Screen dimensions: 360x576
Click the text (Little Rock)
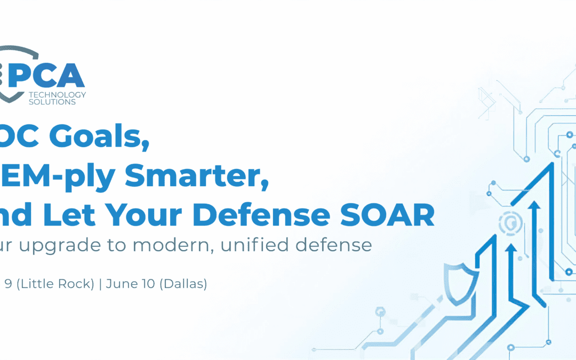55,284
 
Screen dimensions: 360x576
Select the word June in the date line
119,284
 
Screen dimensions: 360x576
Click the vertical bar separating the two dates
100,284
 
